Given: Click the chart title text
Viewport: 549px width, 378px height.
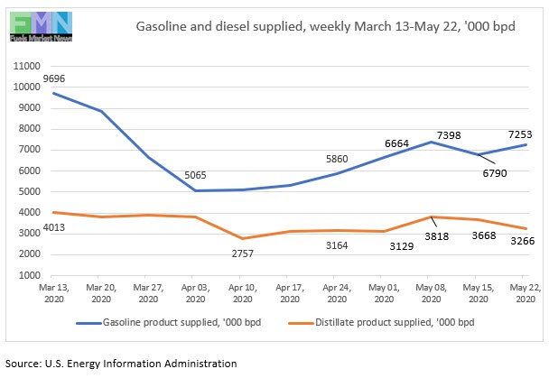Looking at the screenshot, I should (x=325, y=26).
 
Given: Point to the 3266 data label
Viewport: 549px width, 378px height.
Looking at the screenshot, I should (x=514, y=242).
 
